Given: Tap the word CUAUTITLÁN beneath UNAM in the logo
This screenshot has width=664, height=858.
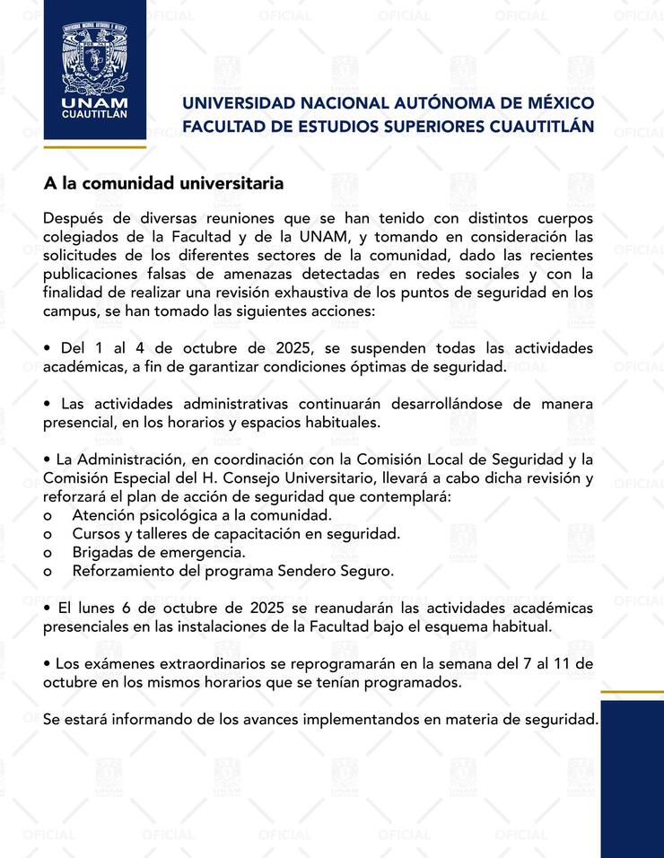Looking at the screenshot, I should point(95,115).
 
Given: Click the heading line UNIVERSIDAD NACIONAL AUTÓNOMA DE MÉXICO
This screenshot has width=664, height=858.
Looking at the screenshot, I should point(388,103).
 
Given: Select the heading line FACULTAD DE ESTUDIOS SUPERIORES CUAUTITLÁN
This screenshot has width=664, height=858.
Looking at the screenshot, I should point(388,126).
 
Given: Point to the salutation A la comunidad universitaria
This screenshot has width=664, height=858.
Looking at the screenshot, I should point(164,184).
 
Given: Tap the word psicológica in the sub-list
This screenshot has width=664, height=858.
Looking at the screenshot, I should point(178,515).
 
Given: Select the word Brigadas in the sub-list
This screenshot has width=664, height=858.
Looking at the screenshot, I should point(101,552).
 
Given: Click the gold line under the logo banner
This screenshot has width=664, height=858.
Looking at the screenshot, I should point(95,146).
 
